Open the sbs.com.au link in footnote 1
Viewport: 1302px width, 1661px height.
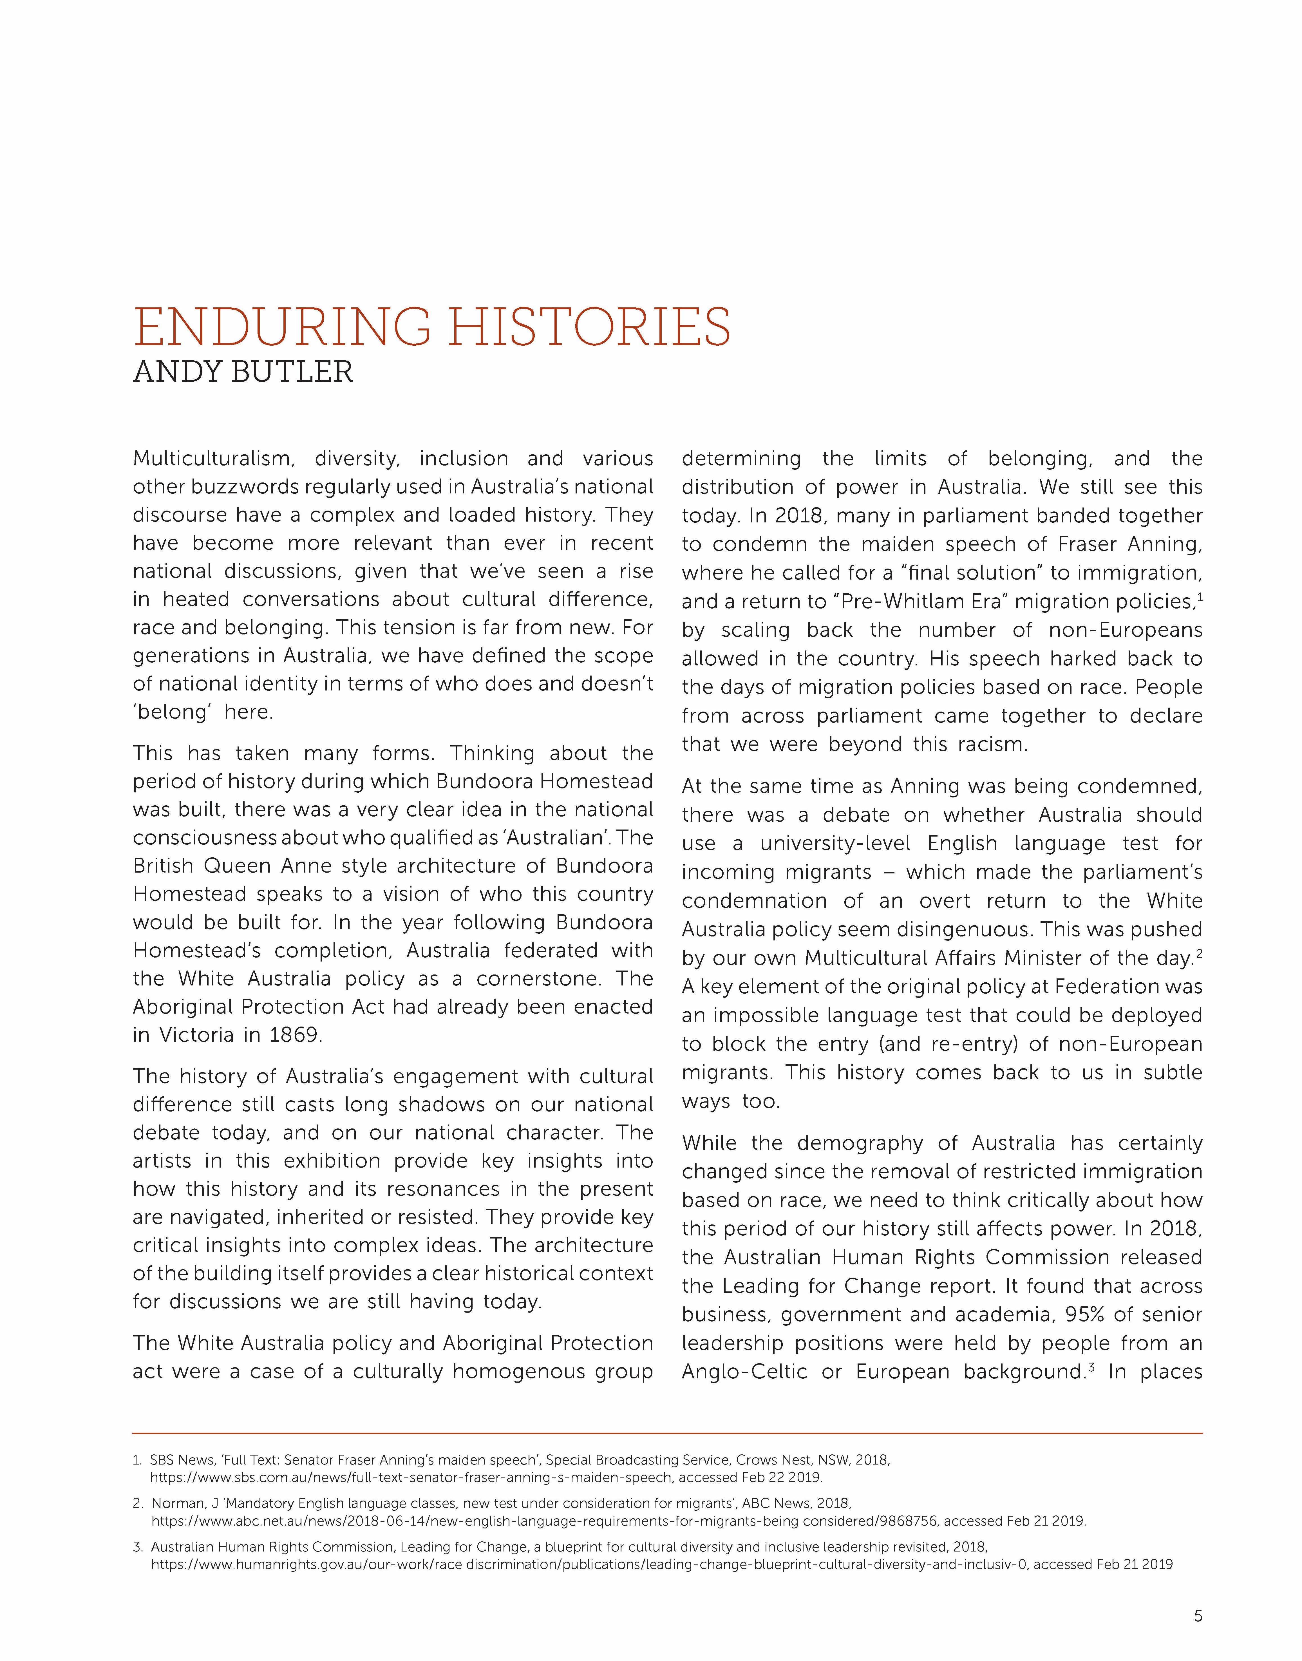click(x=412, y=1477)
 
